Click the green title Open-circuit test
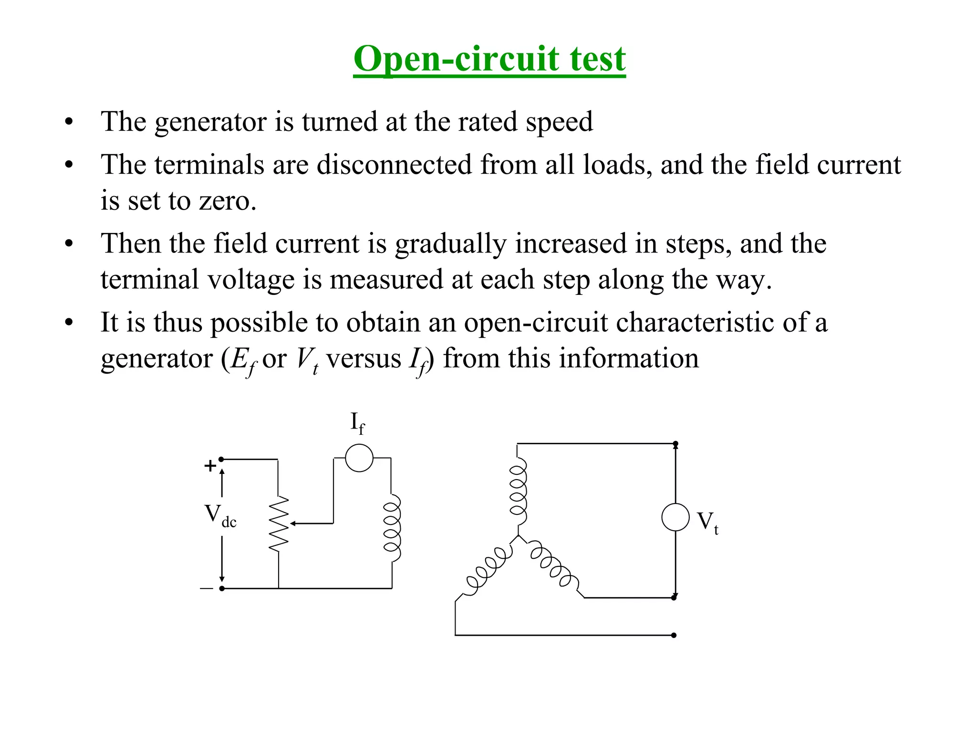point(489,59)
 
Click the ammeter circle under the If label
point(359,458)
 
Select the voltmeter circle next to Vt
point(675,517)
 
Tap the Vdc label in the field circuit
point(220,516)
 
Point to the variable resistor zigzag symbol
point(279,524)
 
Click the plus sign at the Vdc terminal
point(210,466)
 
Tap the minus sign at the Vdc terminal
point(207,588)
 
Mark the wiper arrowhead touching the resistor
point(292,524)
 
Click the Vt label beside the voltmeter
point(707,522)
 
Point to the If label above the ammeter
point(357,423)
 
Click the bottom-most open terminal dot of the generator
point(674,635)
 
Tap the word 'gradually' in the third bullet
point(450,244)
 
